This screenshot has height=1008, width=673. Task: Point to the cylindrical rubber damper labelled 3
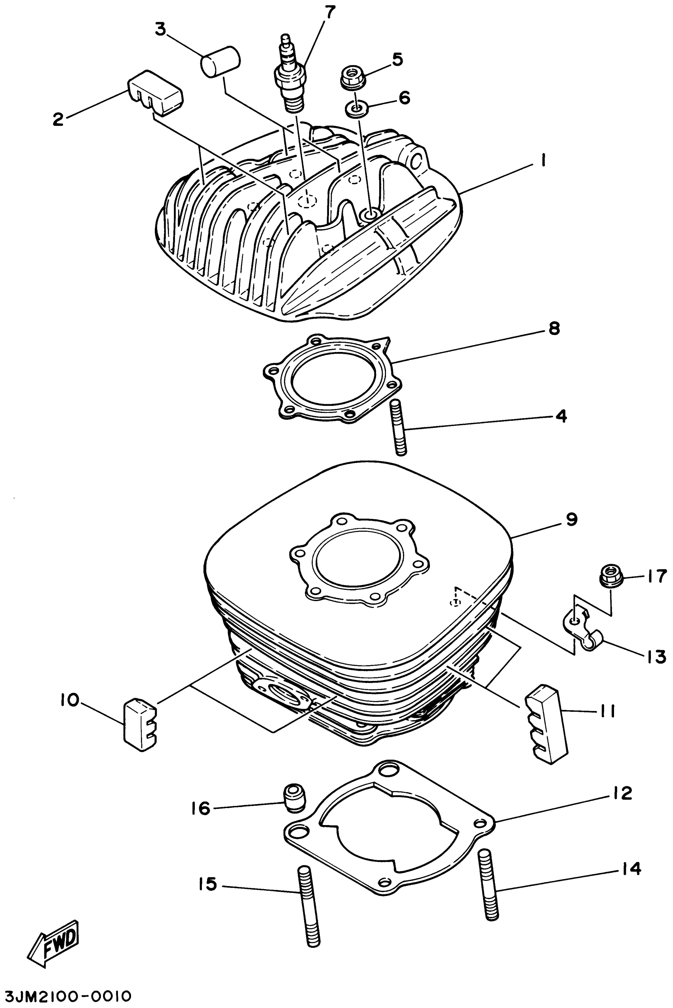pyautogui.click(x=220, y=62)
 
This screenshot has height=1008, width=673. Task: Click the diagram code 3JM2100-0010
pyautogui.click(x=66, y=996)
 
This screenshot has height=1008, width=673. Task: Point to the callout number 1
pyautogui.click(x=542, y=160)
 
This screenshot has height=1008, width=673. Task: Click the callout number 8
pyautogui.click(x=554, y=329)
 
